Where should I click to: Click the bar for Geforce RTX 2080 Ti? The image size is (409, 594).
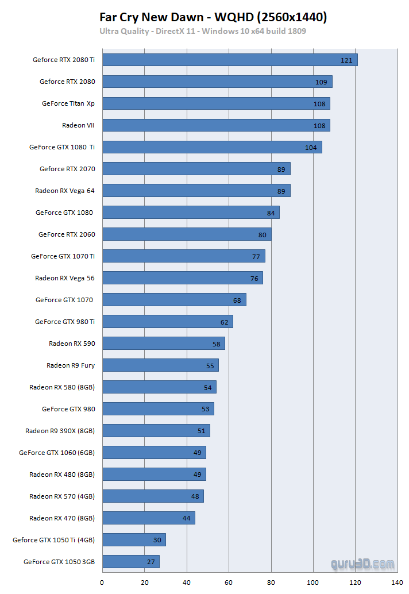(x=230, y=60)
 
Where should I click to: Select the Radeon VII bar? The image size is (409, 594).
(x=216, y=125)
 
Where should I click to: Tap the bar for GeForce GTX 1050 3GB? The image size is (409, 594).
(x=131, y=562)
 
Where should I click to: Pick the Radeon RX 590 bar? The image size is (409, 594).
(x=164, y=344)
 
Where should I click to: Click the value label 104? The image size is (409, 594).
(x=311, y=148)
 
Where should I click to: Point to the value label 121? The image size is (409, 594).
(x=346, y=60)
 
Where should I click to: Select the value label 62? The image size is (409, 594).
(x=224, y=322)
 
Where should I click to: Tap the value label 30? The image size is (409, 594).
(x=157, y=541)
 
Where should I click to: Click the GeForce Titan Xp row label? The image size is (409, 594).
(x=68, y=103)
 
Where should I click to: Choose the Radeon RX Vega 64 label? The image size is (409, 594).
(x=65, y=191)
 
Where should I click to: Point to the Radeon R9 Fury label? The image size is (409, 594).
(x=71, y=365)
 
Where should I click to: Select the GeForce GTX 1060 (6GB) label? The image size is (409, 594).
(x=57, y=453)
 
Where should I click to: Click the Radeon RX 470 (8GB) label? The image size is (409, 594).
(x=62, y=518)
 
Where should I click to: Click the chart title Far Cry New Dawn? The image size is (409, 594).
(x=152, y=17)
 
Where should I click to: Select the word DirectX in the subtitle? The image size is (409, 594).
(x=171, y=30)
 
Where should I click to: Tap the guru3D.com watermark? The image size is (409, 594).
(x=362, y=564)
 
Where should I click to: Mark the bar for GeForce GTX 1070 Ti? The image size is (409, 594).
(x=184, y=256)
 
